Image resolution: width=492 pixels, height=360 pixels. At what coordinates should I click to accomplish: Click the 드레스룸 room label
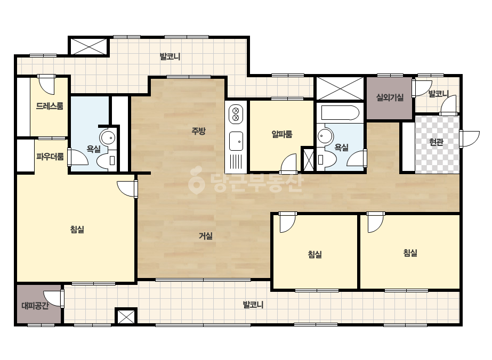tap(50, 106)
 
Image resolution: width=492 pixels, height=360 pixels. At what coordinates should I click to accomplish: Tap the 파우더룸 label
tap(50, 156)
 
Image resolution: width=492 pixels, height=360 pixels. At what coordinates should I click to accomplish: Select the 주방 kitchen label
tap(199, 131)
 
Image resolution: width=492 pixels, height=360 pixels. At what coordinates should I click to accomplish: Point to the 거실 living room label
tap(206, 236)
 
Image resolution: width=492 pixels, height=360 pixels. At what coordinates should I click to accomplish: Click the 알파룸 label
tap(282, 134)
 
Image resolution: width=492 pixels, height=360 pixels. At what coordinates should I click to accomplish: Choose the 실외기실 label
tap(390, 97)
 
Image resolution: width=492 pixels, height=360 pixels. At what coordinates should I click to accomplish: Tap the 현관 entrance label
tap(436, 142)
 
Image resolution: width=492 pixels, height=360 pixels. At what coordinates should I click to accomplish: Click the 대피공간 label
tap(35, 306)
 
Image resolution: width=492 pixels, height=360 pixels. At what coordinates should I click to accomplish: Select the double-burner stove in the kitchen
tap(236, 114)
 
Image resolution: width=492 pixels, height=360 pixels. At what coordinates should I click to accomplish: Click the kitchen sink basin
tap(236, 141)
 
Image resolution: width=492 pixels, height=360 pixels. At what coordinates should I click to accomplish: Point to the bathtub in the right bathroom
tap(340, 113)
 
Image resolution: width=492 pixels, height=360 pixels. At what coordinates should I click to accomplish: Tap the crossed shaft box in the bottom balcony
tap(126, 316)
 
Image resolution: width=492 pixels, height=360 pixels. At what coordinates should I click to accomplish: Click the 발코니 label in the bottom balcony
tap(253, 305)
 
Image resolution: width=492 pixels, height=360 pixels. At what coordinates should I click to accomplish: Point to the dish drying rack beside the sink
tap(236, 162)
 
